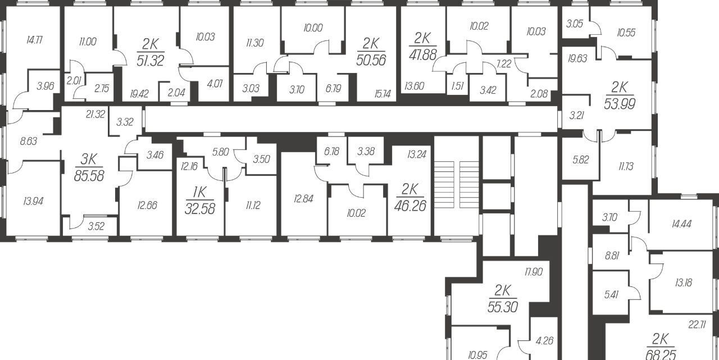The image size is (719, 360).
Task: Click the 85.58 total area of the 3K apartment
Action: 89,176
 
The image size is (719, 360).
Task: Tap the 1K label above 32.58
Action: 199,193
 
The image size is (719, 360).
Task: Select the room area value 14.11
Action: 34,40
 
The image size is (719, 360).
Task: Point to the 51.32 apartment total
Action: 150,60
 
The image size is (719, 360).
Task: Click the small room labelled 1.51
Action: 457,86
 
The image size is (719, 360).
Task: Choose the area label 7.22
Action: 504,64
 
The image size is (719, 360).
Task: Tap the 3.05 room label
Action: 575,24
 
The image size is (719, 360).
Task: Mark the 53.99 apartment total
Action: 620,104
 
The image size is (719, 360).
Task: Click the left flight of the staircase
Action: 444,184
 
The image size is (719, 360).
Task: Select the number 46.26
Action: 410,206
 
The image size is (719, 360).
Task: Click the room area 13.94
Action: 33,202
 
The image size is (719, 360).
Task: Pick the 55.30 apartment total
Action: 503,307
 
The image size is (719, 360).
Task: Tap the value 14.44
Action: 682,224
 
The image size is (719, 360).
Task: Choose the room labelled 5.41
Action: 611,294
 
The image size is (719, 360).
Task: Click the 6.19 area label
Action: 333,88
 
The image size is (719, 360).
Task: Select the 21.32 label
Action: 95,114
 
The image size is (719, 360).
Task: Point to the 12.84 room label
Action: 303,199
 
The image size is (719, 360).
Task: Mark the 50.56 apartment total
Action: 371,60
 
